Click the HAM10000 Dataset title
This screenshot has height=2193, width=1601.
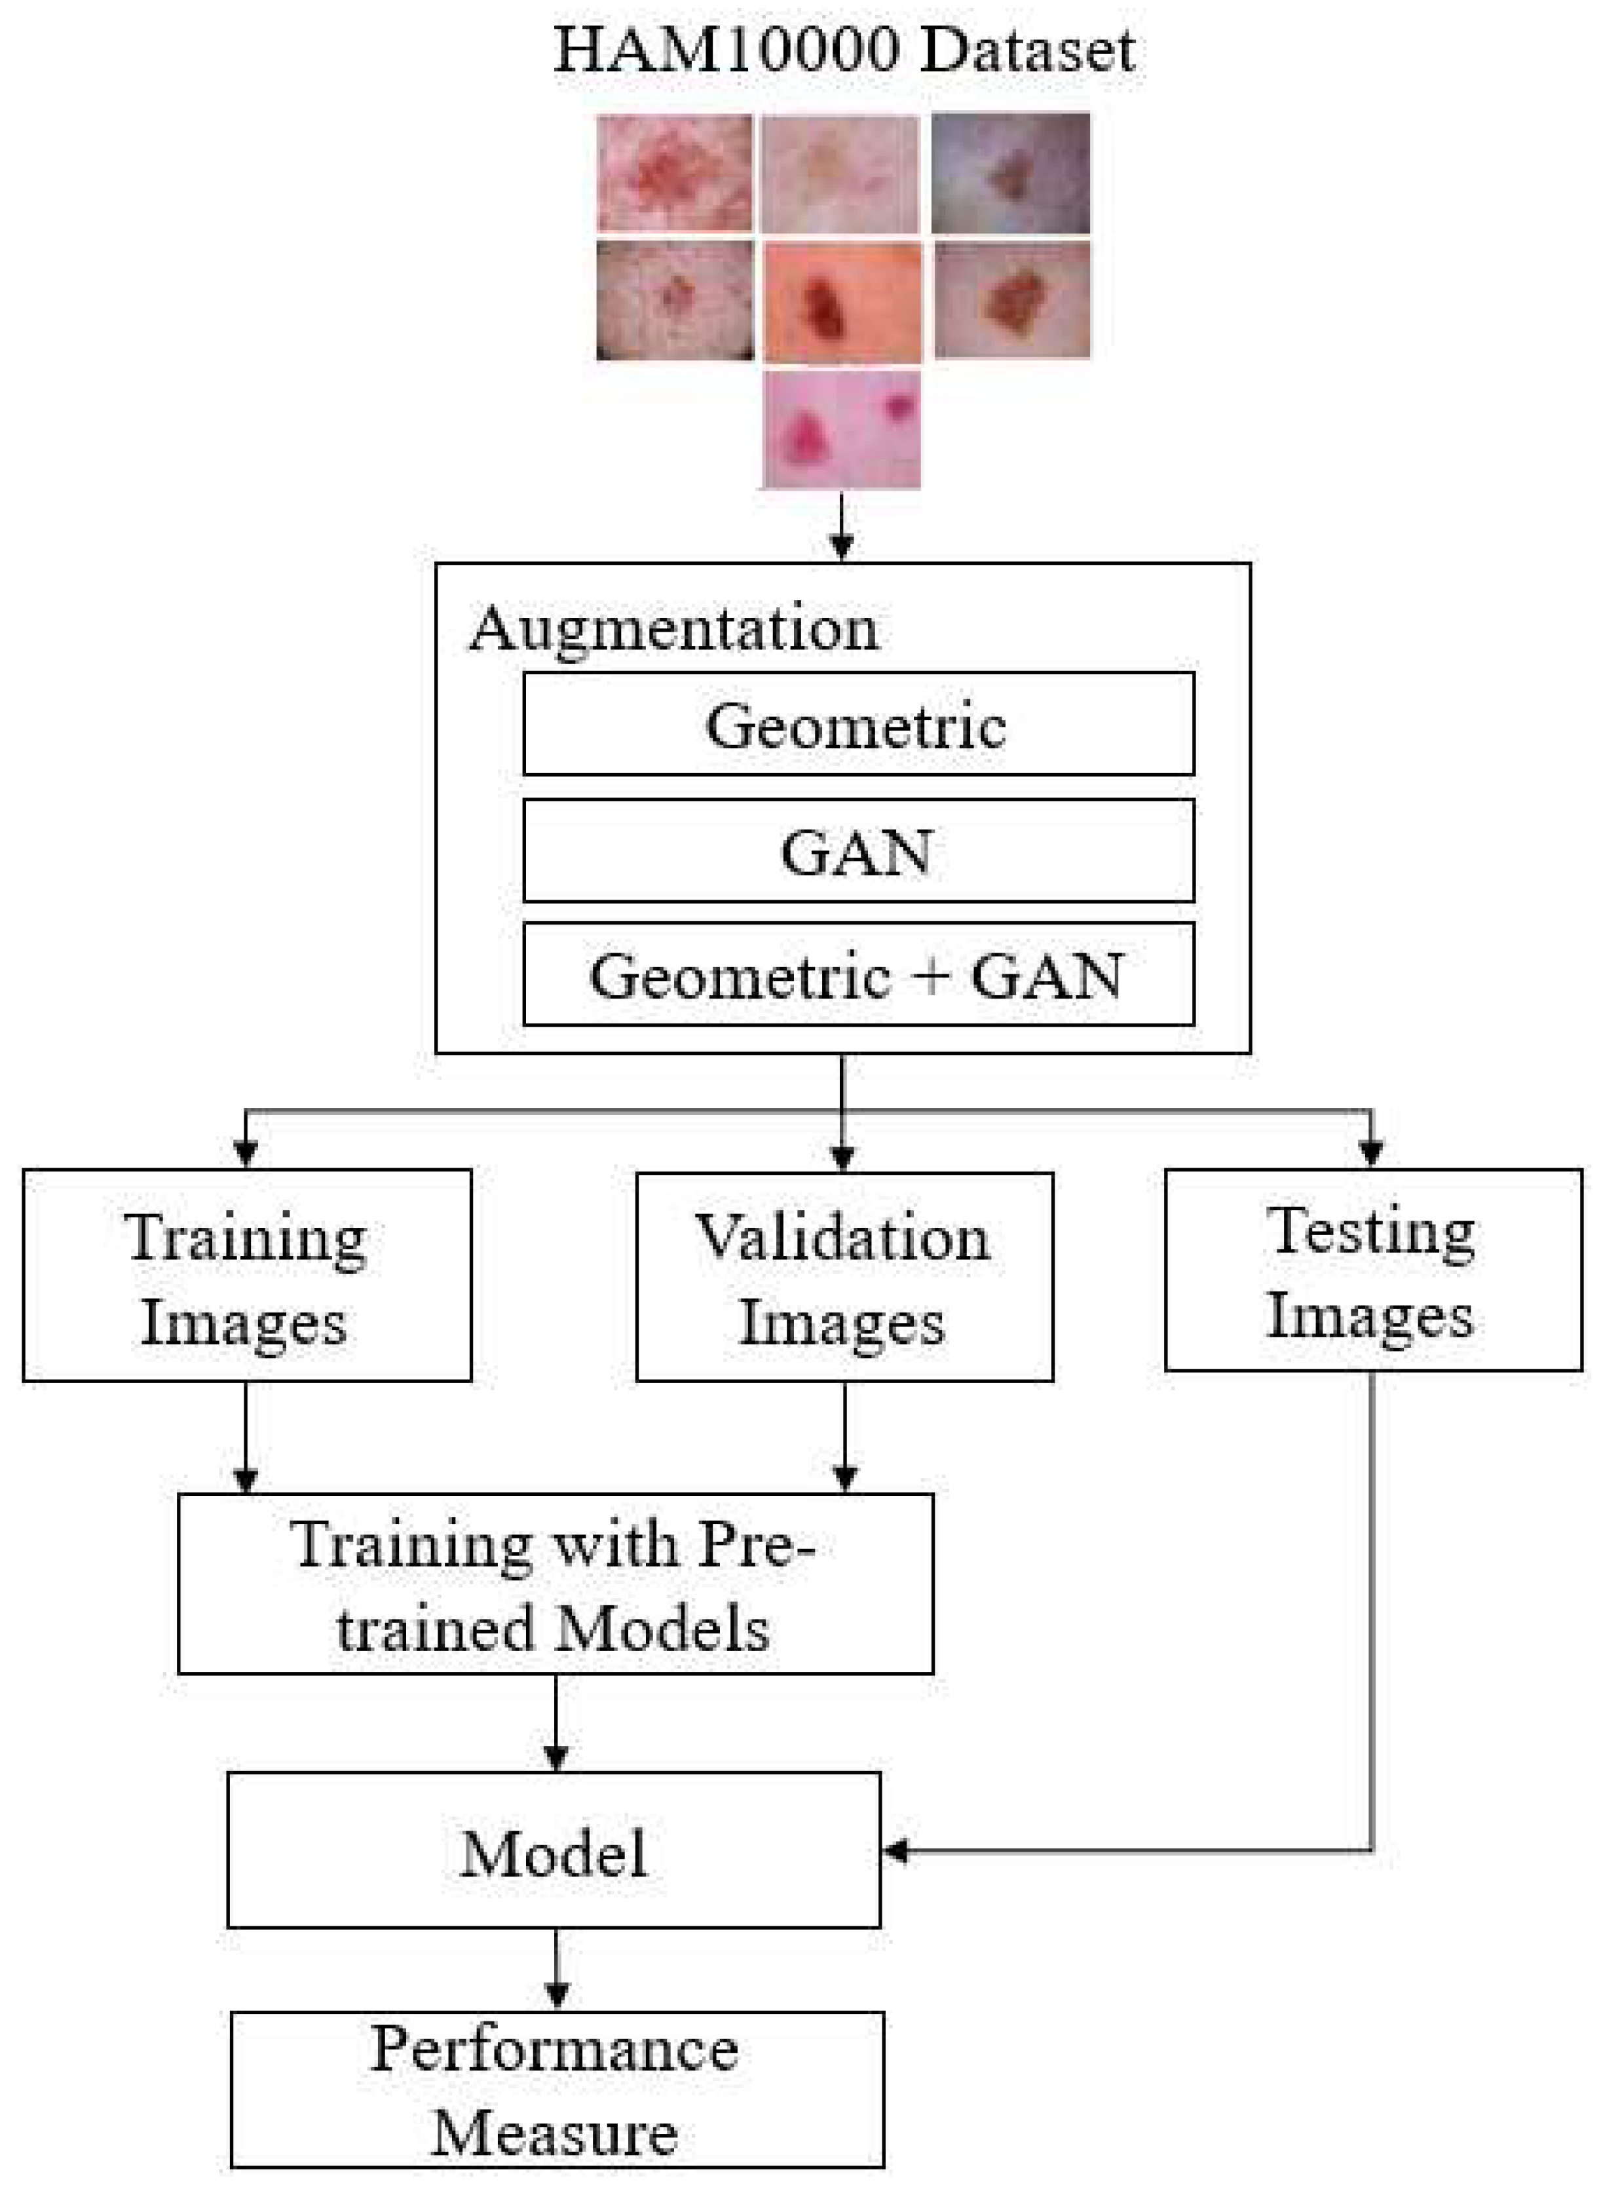coord(843,50)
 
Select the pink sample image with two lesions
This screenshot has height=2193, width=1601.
coord(841,429)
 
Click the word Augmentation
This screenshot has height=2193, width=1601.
coord(673,629)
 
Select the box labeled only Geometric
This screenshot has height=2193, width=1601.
coord(857,724)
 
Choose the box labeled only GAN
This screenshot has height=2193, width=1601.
coord(857,851)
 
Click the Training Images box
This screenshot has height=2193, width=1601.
coord(247,1275)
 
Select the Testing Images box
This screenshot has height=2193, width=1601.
coord(1372,1270)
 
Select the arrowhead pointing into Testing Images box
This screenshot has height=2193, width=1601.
coord(1370,1151)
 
